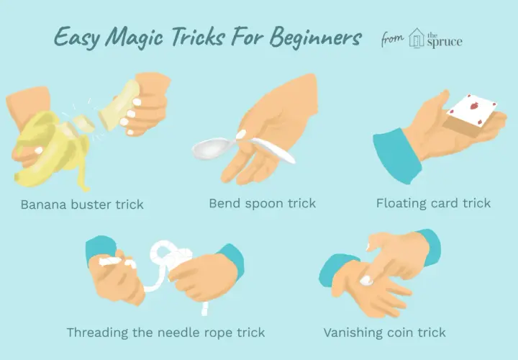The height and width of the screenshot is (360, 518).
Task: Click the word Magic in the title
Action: [135, 37]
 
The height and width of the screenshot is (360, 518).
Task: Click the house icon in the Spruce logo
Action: [416, 38]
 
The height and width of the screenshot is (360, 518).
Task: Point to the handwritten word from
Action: [392, 39]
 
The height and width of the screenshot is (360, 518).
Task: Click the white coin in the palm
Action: [366, 281]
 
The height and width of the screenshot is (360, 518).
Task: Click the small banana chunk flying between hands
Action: [83, 123]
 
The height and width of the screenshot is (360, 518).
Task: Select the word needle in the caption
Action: [178, 333]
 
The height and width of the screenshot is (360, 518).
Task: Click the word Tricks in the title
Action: [197, 37]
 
